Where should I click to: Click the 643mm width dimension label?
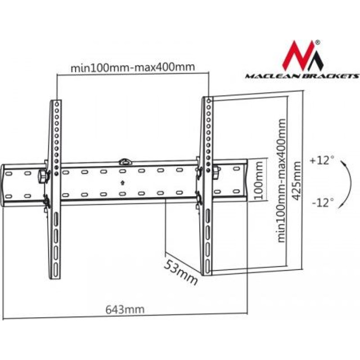click(x=125, y=310)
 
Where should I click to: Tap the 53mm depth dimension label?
click(x=181, y=273)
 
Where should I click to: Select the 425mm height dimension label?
click(x=297, y=181)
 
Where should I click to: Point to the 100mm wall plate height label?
click(x=259, y=181)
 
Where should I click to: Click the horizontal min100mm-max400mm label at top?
click(x=133, y=67)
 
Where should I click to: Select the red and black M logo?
click(x=302, y=56)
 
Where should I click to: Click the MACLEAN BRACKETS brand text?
click(x=302, y=76)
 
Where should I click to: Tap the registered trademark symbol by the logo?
click(x=317, y=42)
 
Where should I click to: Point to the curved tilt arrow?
click(x=345, y=184)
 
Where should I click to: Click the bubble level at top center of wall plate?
click(x=125, y=162)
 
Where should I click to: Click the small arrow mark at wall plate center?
click(x=122, y=183)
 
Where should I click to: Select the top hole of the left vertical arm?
click(x=57, y=104)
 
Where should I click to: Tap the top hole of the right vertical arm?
click(x=208, y=101)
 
